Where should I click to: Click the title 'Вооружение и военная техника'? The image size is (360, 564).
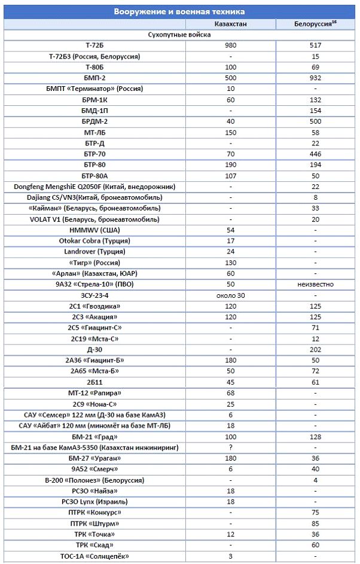tap(179, 12)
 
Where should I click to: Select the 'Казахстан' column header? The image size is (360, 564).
tap(230, 24)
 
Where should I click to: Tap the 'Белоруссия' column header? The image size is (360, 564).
tap(315, 24)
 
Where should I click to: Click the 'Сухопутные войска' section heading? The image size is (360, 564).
tap(179, 35)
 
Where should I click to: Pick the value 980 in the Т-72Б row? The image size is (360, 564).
tap(230, 45)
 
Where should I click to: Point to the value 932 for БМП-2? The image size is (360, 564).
tap(315, 78)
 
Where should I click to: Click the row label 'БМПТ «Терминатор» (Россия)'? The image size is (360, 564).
tap(94, 89)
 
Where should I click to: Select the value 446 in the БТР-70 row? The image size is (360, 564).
tap(315, 154)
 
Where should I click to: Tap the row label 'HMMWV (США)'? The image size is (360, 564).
tap(94, 230)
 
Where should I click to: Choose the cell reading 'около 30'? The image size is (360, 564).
tap(230, 295)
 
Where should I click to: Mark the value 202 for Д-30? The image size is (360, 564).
tap(315, 349)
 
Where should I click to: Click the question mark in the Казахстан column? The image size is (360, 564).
tap(230, 447)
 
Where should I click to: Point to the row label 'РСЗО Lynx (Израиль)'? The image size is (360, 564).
tap(94, 502)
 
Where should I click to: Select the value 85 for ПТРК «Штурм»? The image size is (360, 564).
tap(315, 523)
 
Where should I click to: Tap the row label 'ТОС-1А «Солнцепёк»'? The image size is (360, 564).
tap(94, 556)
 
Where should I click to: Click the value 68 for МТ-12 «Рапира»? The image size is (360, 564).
tap(230, 393)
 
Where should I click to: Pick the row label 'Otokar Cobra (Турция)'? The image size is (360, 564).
tap(94, 240)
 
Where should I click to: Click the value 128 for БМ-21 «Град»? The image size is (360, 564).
tap(315, 437)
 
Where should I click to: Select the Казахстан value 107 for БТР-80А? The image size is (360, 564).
tap(230, 175)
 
